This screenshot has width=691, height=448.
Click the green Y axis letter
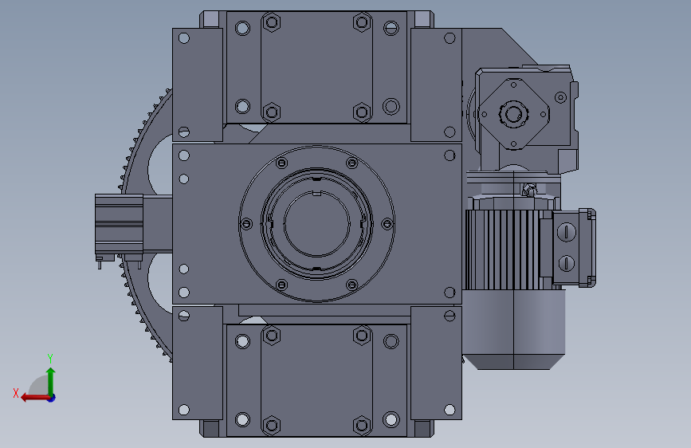50,358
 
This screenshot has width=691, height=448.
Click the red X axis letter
16,393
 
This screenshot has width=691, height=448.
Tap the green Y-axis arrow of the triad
51,382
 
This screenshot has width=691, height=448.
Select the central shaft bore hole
317,223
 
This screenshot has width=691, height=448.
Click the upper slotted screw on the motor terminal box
567,231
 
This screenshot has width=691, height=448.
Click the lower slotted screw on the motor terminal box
567,263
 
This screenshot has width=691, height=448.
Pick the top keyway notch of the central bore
317,193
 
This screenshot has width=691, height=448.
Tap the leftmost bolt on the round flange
246,224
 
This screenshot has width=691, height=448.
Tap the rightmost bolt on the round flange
387,224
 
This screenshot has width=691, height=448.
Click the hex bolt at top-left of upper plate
272,22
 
